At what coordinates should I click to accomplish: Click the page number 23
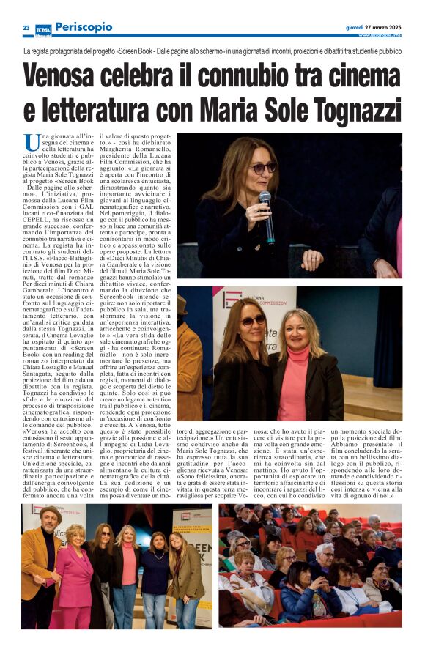point(26,28)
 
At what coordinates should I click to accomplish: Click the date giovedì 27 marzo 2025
point(373,26)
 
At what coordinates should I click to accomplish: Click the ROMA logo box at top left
point(43,29)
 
